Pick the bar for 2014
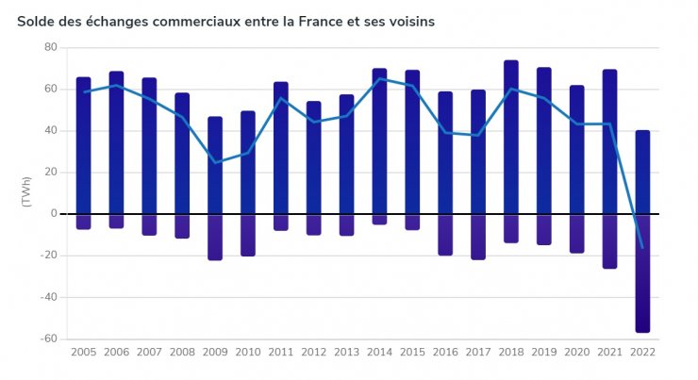coord(379,146)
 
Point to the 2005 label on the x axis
coord(84,353)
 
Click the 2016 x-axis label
coord(445,353)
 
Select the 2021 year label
coord(609,353)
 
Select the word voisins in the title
coord(409,21)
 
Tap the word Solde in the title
coord(37,21)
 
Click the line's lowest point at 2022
coord(642,248)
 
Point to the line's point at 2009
coord(215,162)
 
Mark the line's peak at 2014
coord(379,78)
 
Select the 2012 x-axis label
coord(314,353)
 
